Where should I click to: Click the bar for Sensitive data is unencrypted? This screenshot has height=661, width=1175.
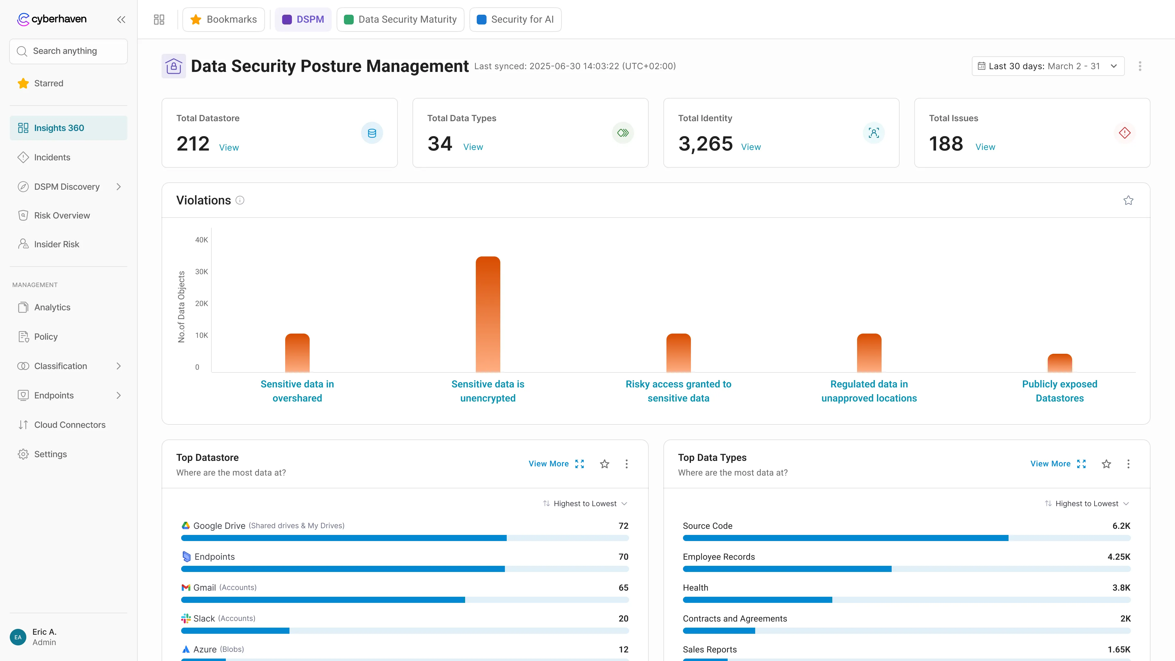click(x=488, y=315)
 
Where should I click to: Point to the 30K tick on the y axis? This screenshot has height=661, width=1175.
click(x=201, y=272)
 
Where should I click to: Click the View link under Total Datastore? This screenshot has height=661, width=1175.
click(x=229, y=147)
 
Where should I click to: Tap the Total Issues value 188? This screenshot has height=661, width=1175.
click(x=946, y=144)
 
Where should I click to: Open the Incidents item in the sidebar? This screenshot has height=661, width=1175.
click(x=52, y=157)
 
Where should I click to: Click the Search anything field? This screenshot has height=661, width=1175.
click(x=69, y=51)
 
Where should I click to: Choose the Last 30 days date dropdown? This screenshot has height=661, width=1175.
click(x=1047, y=66)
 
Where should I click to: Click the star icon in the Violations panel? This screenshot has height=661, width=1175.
click(x=1128, y=200)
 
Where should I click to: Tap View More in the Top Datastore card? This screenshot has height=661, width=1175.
click(x=548, y=464)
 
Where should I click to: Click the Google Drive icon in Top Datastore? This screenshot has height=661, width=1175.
click(x=186, y=525)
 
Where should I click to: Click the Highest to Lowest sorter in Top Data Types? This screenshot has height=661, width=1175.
click(x=1086, y=504)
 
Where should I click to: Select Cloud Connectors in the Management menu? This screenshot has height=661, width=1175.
click(x=69, y=425)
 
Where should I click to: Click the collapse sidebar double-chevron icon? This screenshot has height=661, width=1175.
click(x=121, y=20)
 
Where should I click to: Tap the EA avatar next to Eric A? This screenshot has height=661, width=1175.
click(x=18, y=637)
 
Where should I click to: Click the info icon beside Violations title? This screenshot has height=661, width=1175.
click(x=240, y=200)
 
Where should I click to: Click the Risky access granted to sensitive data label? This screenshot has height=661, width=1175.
click(x=678, y=391)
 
